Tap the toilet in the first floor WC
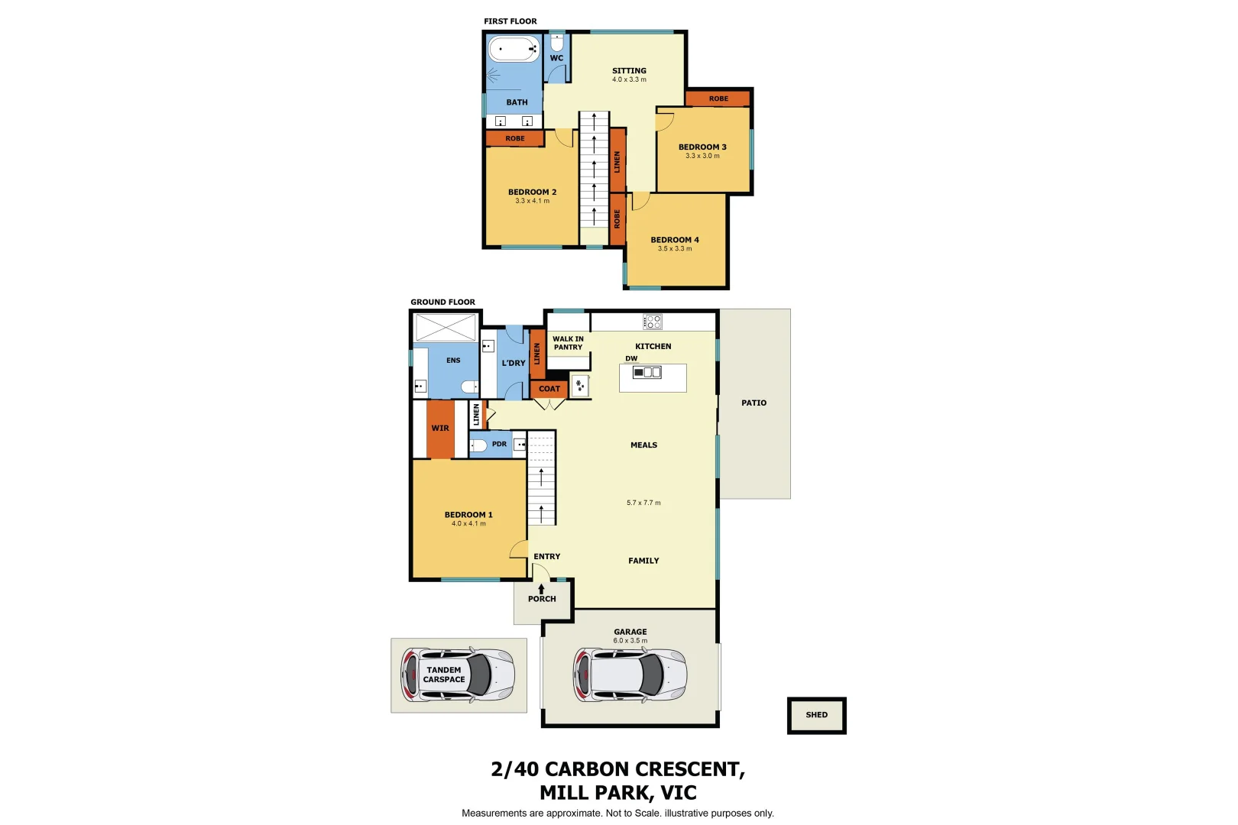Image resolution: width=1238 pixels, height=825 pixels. tap(556, 40)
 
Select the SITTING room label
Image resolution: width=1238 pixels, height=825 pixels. tap(629, 70)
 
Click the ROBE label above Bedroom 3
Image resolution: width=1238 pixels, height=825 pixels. tap(718, 99)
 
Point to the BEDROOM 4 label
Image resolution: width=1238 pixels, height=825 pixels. tap(675, 240)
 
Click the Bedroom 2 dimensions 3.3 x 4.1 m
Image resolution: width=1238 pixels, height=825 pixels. tap(532, 201)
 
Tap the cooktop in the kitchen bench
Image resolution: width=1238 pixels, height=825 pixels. tap(653, 322)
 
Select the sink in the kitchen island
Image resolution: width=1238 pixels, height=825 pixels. tap(647, 372)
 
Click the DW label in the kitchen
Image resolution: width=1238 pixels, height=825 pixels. tap(631, 358)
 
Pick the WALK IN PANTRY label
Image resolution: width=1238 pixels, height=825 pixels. tap(568, 343)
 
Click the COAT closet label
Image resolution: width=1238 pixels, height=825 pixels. tap(549, 389)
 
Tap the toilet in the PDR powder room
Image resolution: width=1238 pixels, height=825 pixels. tap(479, 445)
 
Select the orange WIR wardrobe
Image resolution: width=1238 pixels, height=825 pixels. tap(440, 429)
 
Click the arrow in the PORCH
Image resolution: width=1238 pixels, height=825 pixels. tap(542, 588)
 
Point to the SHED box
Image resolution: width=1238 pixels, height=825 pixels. tap(816, 715)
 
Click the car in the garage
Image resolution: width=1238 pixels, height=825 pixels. tap(630, 675)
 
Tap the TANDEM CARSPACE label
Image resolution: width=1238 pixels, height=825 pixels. tap(444, 675)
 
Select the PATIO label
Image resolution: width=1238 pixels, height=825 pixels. tap(753, 403)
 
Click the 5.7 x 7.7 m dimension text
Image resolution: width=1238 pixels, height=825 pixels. tap(643, 503)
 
